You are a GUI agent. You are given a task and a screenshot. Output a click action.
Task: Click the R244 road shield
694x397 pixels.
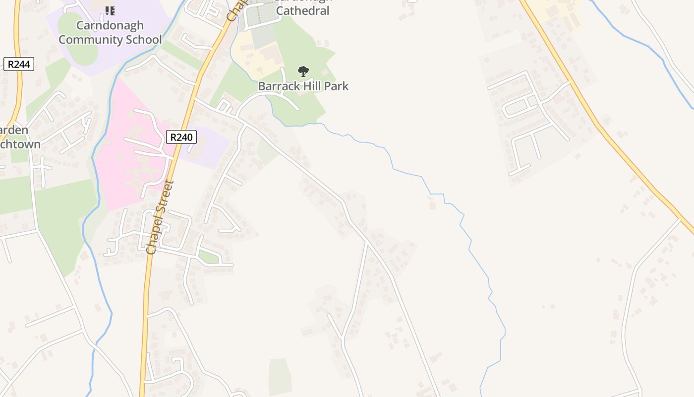tap(19, 64)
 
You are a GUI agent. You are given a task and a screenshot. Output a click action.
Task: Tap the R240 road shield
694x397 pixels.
tap(181, 137)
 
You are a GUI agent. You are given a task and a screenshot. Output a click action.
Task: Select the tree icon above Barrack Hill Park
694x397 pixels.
tap(303, 71)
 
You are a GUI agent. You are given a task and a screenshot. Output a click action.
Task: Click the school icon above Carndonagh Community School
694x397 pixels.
tap(110, 10)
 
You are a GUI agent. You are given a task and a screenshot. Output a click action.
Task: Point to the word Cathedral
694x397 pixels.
tap(302, 10)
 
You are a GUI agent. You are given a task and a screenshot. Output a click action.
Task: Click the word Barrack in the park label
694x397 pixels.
tap(279, 86)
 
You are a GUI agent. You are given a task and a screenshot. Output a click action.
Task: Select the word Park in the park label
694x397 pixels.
tap(338, 86)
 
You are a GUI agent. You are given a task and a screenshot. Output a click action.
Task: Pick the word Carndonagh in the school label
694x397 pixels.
tap(110, 25)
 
